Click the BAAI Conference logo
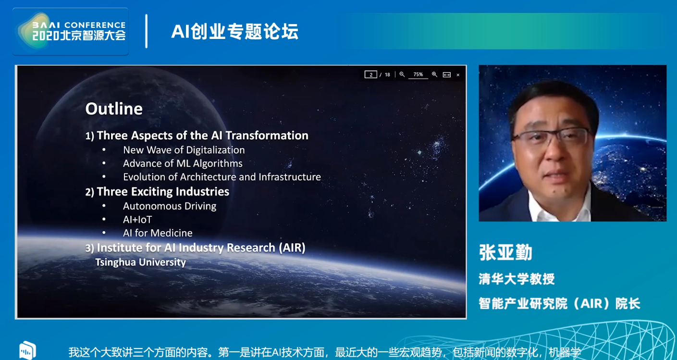tap(71, 31)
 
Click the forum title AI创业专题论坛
tap(235, 31)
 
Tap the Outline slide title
tap(114, 109)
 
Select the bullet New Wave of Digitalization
tap(184, 150)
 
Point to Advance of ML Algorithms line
tap(183, 163)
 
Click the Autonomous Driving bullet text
tap(170, 206)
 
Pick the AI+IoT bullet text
tap(137, 220)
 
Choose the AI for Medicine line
tap(158, 233)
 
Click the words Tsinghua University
tap(140, 262)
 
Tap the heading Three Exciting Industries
tap(163, 192)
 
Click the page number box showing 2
tap(371, 74)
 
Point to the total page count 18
tap(387, 74)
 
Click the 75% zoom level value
tap(418, 74)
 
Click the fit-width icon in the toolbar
tap(447, 74)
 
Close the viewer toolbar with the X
tap(458, 75)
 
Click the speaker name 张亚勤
tap(505, 252)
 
